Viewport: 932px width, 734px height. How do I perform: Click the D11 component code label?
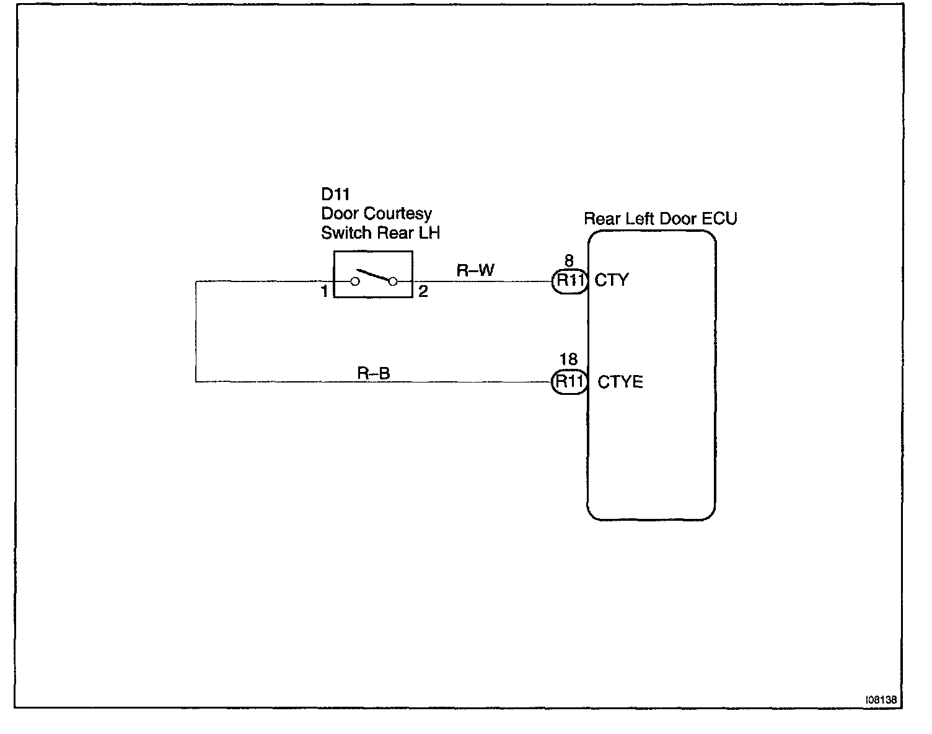335,195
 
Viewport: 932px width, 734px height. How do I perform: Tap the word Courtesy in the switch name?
397,214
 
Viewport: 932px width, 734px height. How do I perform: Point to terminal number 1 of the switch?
325,291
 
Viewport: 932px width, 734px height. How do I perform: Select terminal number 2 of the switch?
423,291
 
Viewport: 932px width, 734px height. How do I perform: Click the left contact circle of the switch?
355,281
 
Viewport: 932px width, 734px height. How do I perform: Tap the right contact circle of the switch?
393,281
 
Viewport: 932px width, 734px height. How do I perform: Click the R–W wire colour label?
475,270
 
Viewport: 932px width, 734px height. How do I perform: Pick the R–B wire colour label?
374,373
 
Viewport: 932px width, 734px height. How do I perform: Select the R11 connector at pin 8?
569,281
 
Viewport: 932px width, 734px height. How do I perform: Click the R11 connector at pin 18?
569,381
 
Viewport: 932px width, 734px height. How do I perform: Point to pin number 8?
568,262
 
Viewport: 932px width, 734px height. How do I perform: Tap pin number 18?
568,360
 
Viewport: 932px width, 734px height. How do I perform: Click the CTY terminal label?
612,280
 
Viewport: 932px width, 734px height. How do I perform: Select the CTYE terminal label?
620,382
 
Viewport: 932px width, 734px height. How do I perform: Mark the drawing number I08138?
881,699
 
